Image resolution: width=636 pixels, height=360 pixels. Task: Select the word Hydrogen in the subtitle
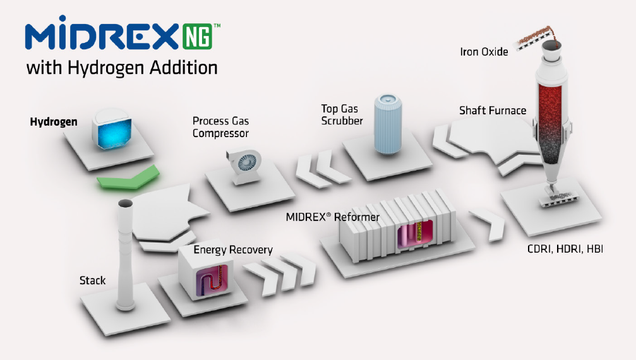[106, 68]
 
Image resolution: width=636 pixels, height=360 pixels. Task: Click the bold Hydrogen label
[54, 122]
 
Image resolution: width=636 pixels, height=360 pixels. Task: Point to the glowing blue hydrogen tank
[112, 128]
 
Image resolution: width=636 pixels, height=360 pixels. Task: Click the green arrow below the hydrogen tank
[128, 177]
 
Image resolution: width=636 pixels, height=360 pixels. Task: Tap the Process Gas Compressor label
[220, 127]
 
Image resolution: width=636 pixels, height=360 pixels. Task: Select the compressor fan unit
[243, 166]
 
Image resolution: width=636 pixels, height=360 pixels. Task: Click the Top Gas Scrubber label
[342, 115]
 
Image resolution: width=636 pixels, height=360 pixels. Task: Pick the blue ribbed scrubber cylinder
[388, 124]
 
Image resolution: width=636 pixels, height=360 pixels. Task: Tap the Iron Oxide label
[484, 52]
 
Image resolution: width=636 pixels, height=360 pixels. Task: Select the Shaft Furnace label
[493, 111]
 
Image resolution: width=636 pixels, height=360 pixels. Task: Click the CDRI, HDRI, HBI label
[565, 249]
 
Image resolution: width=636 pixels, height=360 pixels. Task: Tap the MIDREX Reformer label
[333, 217]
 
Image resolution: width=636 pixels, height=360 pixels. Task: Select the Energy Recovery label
[233, 249]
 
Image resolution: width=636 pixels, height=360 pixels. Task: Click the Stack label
[92, 280]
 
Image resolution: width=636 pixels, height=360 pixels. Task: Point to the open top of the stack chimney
[125, 203]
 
